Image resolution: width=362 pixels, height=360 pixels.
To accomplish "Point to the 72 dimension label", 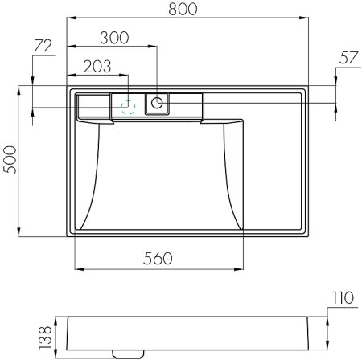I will [x=43, y=46].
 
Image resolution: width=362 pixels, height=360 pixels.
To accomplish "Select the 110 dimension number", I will [x=342, y=298].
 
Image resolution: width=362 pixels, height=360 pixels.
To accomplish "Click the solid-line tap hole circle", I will [x=158, y=102].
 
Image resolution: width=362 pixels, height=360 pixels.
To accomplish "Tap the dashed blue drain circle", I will [x=129, y=104].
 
